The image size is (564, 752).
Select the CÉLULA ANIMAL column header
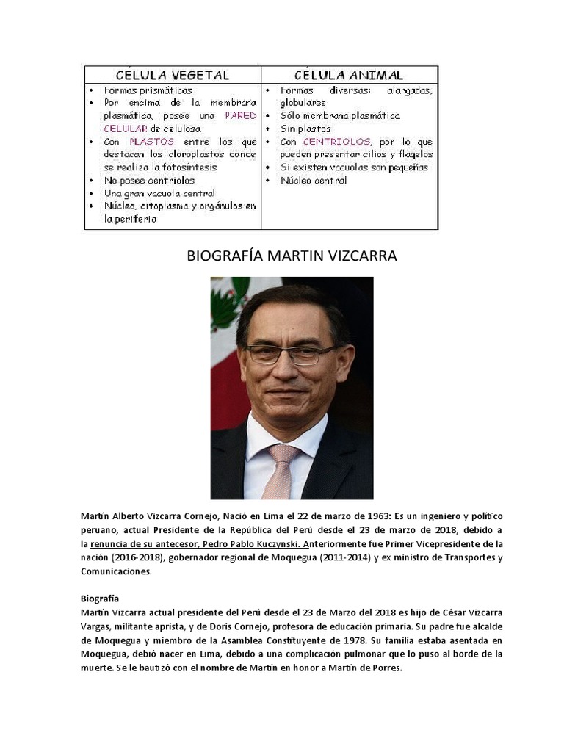[349, 75]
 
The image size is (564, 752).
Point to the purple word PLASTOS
[151, 142]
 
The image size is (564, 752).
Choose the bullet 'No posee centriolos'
[149, 181]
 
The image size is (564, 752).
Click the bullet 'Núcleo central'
[314, 181]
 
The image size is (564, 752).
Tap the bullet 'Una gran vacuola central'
[159, 193]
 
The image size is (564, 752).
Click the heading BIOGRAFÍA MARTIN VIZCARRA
[292, 256]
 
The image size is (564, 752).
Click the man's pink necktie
[281, 470]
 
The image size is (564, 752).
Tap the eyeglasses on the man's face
[290, 355]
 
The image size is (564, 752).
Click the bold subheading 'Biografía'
[99, 599]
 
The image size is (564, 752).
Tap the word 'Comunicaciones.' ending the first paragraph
[116, 571]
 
